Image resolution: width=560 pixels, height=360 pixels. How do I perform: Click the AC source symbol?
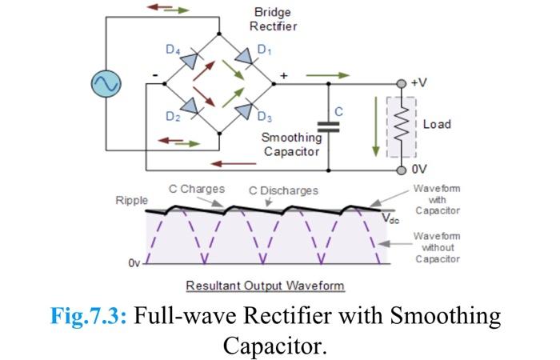(105, 83)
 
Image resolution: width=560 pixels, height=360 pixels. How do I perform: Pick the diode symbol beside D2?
(192, 106)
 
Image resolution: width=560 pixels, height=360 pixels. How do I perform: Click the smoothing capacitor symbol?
(328, 126)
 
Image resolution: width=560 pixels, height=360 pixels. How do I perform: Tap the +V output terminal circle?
(402, 83)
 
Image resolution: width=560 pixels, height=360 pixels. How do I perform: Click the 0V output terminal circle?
(402, 170)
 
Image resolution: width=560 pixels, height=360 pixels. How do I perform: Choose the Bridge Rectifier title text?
(274, 19)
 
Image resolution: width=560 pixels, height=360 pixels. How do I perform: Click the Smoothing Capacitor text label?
(292, 144)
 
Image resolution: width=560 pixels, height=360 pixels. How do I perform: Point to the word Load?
(437, 124)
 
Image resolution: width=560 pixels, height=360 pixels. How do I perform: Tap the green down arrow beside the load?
(373, 126)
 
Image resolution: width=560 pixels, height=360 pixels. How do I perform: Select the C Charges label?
(196, 190)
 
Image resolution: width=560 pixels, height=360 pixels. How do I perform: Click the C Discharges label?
(283, 190)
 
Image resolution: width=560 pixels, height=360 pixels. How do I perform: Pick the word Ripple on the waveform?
(131, 200)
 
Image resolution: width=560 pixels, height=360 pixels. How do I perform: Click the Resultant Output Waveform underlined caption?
(265, 286)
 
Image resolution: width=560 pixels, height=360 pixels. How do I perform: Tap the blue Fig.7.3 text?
(88, 316)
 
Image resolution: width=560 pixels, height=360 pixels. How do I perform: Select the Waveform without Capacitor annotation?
(437, 247)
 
